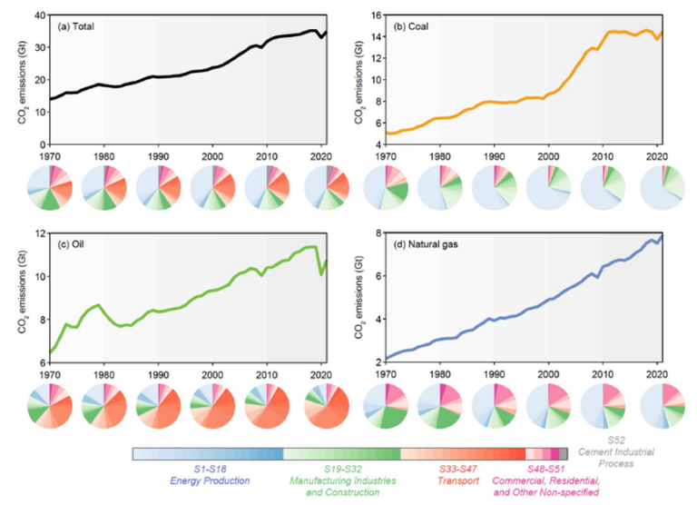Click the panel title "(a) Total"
click(x=76, y=26)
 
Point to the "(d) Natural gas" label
click(x=421, y=243)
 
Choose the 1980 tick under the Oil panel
click(x=103, y=374)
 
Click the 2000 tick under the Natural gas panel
click(x=548, y=374)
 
